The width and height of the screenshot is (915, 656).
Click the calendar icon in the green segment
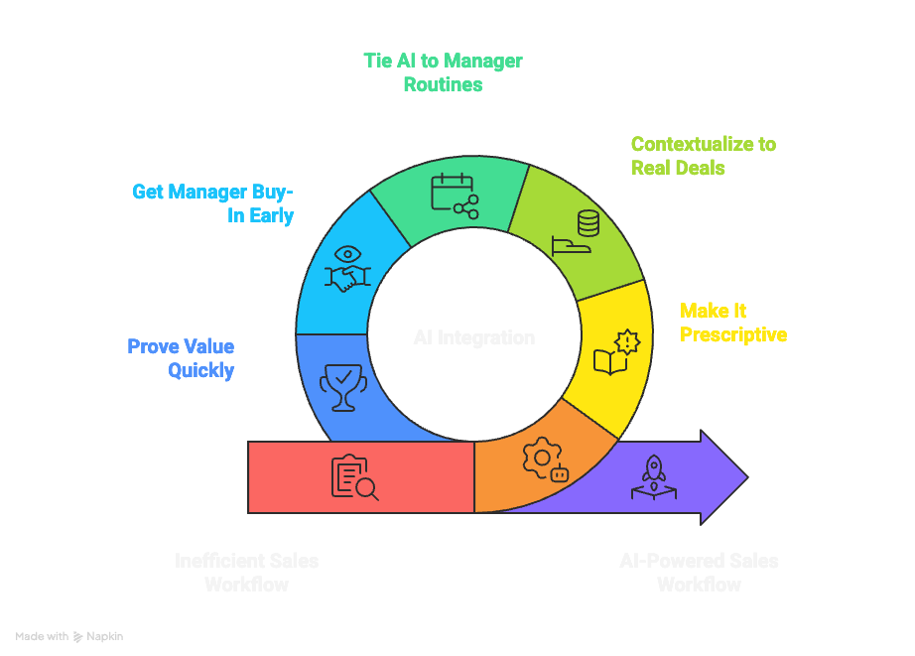(x=454, y=195)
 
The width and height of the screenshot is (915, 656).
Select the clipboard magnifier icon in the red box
(x=354, y=477)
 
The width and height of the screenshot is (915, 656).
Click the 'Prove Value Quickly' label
(x=181, y=358)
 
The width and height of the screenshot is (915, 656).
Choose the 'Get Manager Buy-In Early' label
(x=213, y=203)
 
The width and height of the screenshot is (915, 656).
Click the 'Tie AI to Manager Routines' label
(x=443, y=72)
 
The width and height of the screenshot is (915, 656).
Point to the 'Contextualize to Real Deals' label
(x=703, y=156)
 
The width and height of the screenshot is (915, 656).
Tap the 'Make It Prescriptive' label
(x=732, y=323)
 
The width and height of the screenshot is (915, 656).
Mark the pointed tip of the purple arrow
(x=746, y=477)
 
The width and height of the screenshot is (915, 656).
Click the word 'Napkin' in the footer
(x=105, y=636)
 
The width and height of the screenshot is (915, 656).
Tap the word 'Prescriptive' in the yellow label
(x=732, y=334)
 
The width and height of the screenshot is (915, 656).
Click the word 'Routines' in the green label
(x=443, y=84)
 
